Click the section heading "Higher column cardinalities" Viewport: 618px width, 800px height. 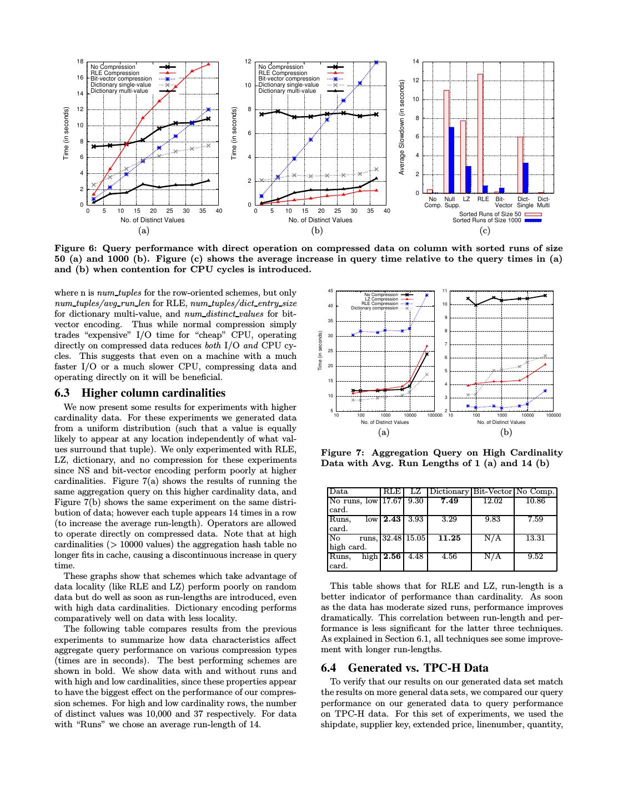(153, 393)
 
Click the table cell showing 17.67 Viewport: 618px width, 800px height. (391, 501)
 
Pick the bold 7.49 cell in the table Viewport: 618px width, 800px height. (449, 501)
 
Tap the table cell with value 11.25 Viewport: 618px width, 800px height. (449, 538)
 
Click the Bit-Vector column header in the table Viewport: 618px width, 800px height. (492, 491)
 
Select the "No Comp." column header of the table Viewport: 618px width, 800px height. (535, 491)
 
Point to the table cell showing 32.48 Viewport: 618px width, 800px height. (391, 538)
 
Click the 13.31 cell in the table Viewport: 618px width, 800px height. (535, 538)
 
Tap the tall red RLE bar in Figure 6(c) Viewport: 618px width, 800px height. (480, 133)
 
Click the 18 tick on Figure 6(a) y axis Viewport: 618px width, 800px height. (80, 62)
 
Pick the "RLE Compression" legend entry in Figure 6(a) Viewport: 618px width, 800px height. (115, 73)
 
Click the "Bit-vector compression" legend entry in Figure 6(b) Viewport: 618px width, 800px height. (289, 79)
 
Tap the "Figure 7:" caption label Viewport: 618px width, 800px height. (341, 453)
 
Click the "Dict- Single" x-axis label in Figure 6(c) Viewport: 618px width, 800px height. (524, 202)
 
